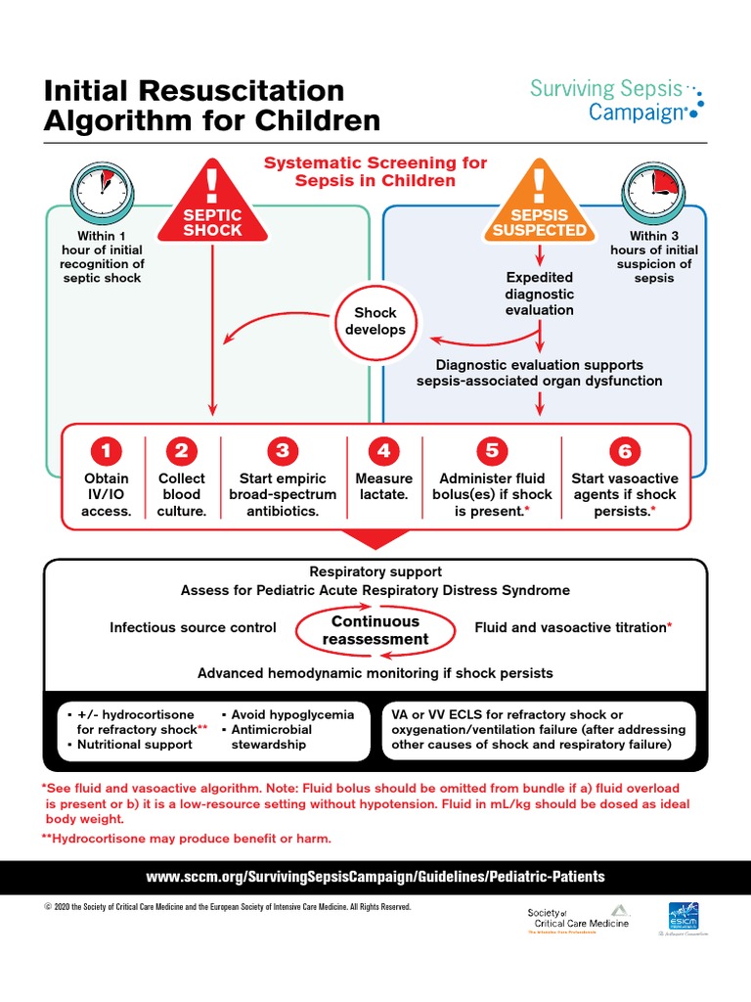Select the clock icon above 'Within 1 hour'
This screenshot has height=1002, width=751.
pos(102,192)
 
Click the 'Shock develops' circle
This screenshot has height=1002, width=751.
pos(375,321)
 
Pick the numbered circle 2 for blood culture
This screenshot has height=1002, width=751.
pos(181,451)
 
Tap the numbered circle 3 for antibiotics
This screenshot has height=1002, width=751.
pos(283,451)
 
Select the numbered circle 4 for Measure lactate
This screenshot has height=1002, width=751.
pos(384,451)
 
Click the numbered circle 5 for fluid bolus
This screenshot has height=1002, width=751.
pos(492,451)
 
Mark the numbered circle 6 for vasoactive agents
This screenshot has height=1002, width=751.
pos(624,451)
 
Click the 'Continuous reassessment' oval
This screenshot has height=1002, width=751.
pos(375,630)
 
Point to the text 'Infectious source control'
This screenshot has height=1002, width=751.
pos(193,627)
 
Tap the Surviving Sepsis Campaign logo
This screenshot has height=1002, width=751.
pos(615,101)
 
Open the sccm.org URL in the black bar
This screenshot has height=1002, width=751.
pos(375,877)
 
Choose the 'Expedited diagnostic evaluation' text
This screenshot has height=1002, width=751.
pos(539,294)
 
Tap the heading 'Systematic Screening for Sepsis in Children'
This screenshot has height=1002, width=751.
pos(375,171)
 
